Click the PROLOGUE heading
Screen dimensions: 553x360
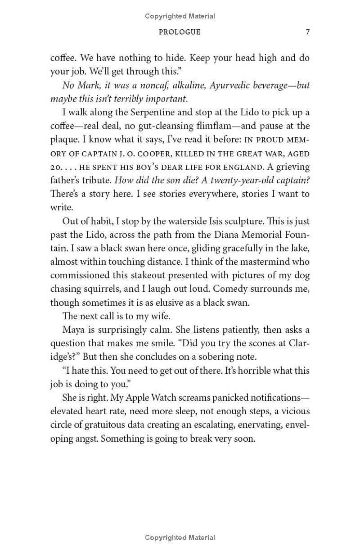coord(180,32)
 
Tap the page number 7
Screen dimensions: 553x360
coord(307,32)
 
